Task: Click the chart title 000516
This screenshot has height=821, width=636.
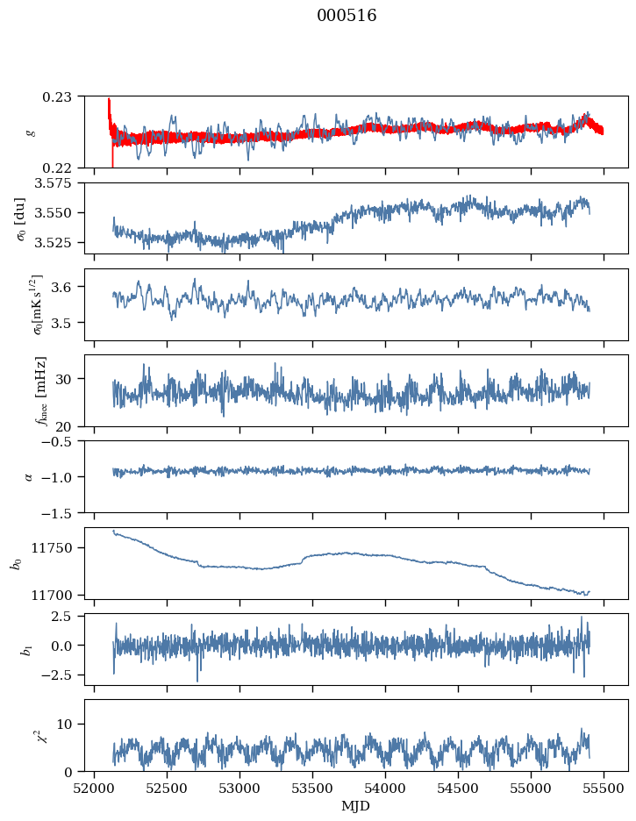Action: coord(347,16)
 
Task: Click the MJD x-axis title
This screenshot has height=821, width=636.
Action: coord(355,805)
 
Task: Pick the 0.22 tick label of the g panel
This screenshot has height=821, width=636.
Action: coord(63,168)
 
